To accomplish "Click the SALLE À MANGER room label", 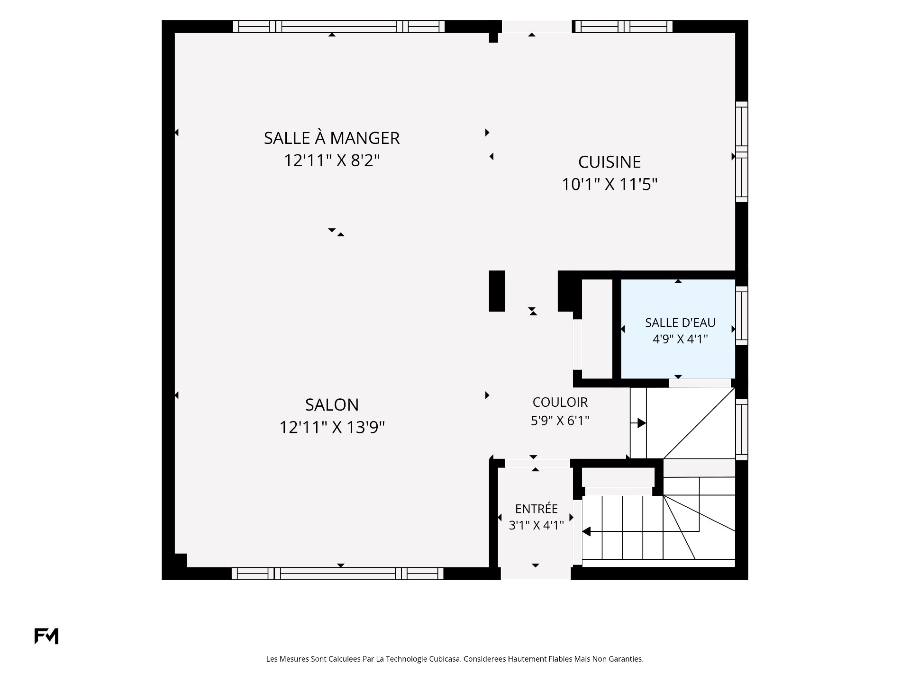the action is pyautogui.click(x=332, y=138).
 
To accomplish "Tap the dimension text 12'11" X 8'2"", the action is pyautogui.click(x=332, y=161).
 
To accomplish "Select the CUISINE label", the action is pyautogui.click(x=610, y=162).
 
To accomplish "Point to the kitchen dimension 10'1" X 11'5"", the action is pyautogui.click(x=610, y=184).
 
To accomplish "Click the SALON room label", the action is pyautogui.click(x=332, y=405).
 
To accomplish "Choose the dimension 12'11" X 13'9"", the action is pyautogui.click(x=332, y=427).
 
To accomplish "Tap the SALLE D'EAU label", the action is pyautogui.click(x=680, y=323).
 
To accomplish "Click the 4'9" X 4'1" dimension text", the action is pyautogui.click(x=680, y=339).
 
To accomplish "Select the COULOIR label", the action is pyautogui.click(x=560, y=402).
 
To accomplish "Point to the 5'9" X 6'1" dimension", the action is pyautogui.click(x=560, y=421).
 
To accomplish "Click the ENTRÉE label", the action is pyautogui.click(x=536, y=509).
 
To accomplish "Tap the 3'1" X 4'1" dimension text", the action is pyautogui.click(x=536, y=525).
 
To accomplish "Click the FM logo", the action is pyautogui.click(x=46, y=636).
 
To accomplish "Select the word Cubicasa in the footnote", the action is pyautogui.click(x=445, y=659).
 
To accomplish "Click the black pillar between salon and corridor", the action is pyautogui.click(x=497, y=291).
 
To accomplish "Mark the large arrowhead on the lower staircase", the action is pyautogui.click(x=586, y=532).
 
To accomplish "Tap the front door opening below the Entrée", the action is pyautogui.click(x=536, y=573).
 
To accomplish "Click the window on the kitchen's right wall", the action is pyautogui.click(x=742, y=152).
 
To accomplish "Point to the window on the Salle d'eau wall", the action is pyautogui.click(x=742, y=315).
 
